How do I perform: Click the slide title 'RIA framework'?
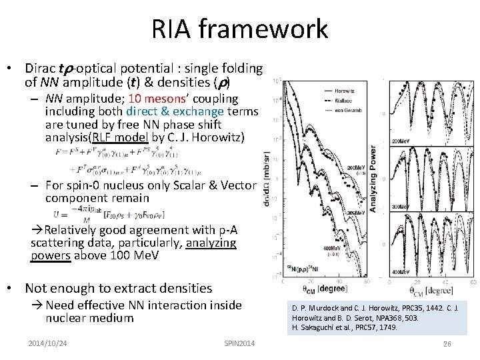click(240, 29)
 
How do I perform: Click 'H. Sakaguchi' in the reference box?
click(313, 327)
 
